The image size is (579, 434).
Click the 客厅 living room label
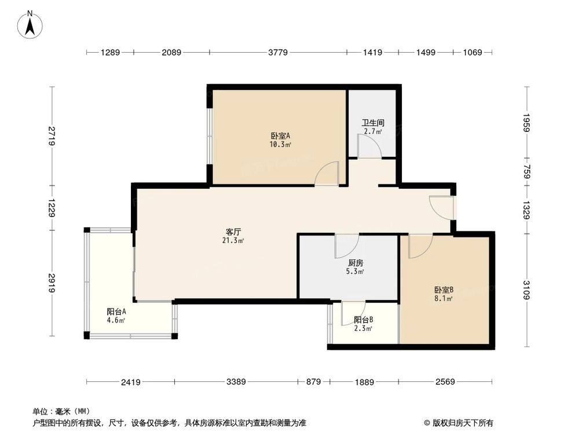[233, 231]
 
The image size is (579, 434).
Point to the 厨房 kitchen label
[356, 262]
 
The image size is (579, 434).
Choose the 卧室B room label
[444, 290]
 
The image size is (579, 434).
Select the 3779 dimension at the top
[278, 53]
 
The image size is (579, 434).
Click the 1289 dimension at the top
[110, 53]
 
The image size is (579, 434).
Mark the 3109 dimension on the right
[526, 289]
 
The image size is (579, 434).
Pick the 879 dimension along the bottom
[313, 382]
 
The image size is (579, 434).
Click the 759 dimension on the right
[526, 172]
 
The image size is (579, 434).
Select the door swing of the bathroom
[368, 148]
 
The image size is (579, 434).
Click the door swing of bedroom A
[328, 174]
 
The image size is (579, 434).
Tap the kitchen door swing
[346, 245]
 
